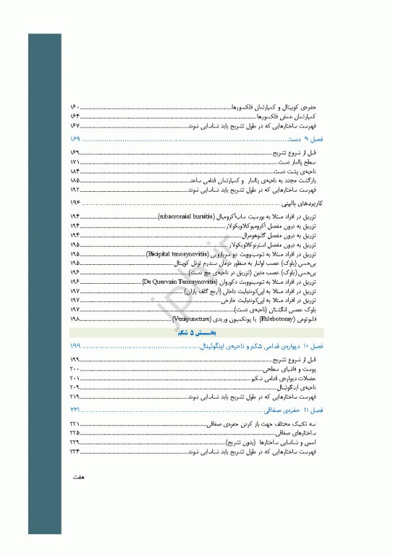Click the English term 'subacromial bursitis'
(185, 216)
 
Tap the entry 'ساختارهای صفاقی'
(296, 432)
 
